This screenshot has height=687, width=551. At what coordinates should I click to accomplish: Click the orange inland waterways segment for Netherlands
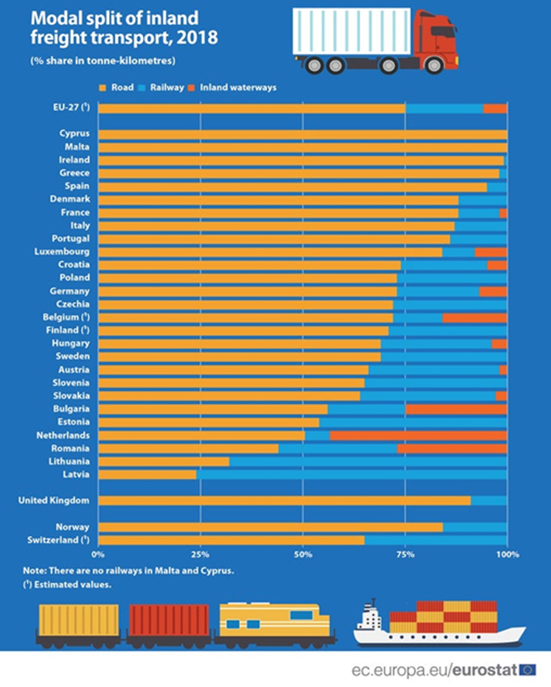[418, 435]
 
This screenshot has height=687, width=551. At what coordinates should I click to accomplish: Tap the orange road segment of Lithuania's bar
[164, 461]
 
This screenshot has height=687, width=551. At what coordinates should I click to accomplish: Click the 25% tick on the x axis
[200, 554]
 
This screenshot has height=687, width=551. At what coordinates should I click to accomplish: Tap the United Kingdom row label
[54, 501]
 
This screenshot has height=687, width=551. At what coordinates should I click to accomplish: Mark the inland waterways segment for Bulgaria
[456, 409]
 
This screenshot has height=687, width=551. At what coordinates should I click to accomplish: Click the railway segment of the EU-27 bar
[444, 108]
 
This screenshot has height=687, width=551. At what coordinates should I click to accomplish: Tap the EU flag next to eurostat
[528, 670]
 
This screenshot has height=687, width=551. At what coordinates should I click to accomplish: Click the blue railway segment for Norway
[475, 527]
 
